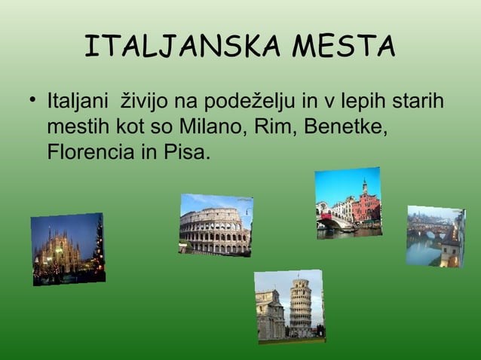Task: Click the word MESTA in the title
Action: coord(345,47)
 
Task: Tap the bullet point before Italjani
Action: coord(32,101)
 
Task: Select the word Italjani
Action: coord(75,101)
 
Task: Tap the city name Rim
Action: coord(277,127)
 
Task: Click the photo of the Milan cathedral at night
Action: coord(68,249)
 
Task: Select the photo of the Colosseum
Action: coord(216,224)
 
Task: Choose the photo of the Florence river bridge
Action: coord(435,236)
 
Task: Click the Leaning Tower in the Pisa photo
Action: coord(300,307)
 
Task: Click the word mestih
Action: coord(74,127)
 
